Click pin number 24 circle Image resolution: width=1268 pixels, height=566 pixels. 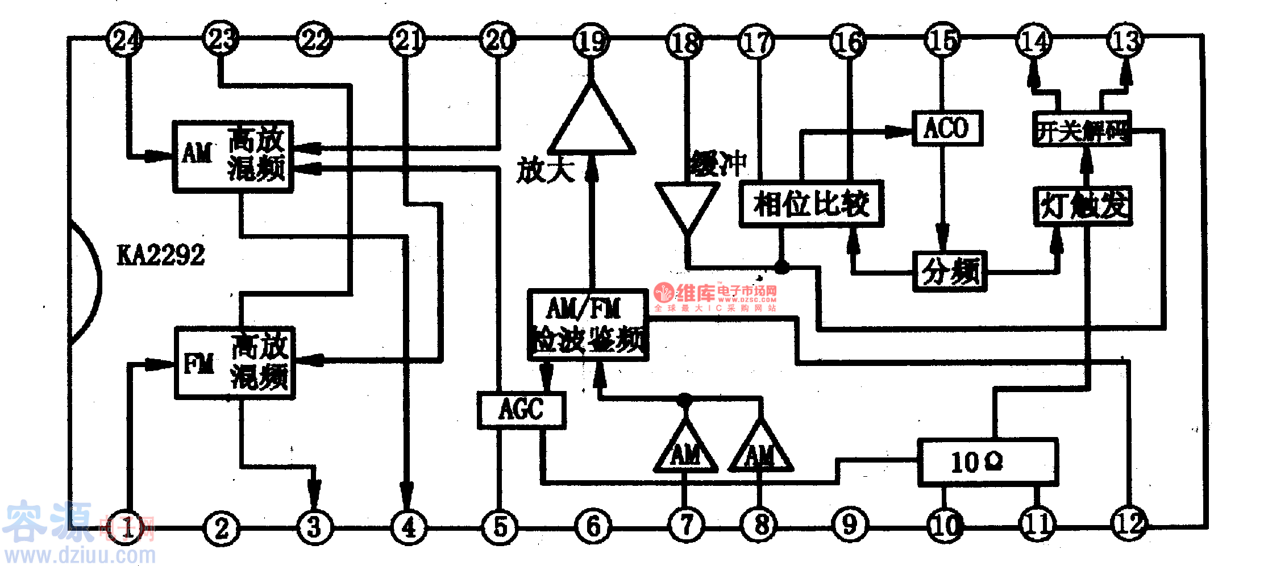point(124,39)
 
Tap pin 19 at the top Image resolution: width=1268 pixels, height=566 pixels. point(591,40)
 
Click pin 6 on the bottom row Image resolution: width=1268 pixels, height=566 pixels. point(593,526)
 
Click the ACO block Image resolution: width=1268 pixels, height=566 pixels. point(947,128)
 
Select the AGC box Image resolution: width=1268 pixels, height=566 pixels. point(521,410)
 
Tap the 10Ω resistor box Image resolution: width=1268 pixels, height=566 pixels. point(988,462)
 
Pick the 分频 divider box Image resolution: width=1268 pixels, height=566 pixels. point(950,272)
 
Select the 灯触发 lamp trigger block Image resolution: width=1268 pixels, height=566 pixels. point(1083,206)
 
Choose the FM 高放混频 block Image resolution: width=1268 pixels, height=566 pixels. point(235,362)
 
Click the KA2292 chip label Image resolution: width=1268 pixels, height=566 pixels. point(161,255)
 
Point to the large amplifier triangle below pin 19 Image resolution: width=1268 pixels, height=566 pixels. point(591,125)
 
